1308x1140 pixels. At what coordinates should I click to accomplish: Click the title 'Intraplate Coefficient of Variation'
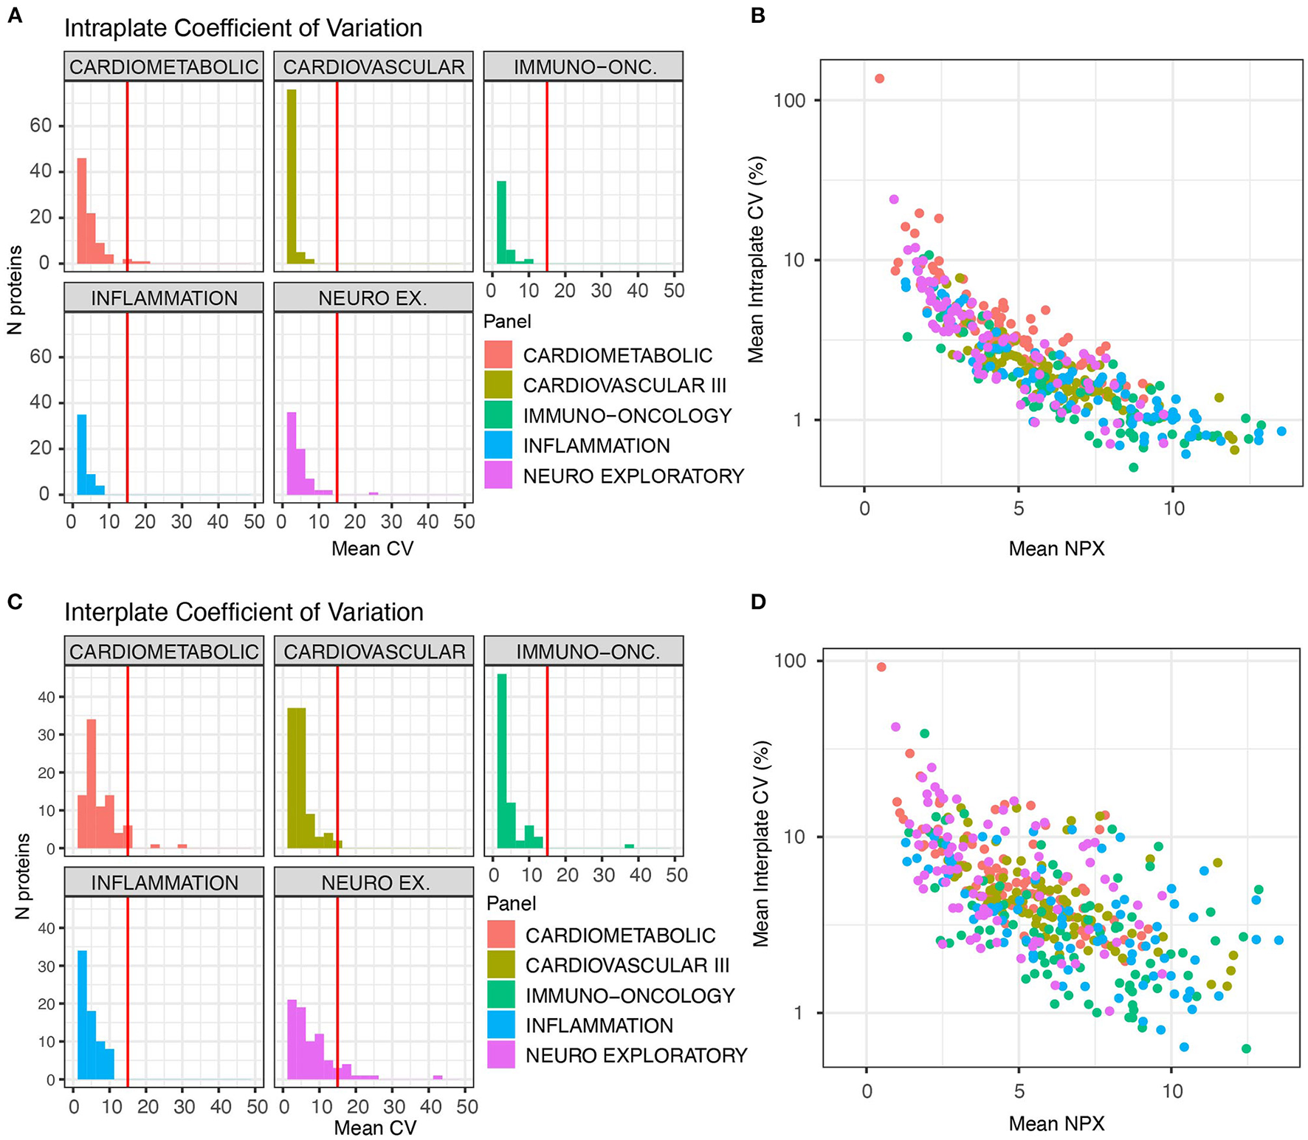(x=243, y=29)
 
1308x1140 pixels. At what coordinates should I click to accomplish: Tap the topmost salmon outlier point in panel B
(x=879, y=78)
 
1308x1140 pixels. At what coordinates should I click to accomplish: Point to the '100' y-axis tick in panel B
(x=788, y=100)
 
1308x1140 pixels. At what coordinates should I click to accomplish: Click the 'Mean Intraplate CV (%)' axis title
(x=755, y=260)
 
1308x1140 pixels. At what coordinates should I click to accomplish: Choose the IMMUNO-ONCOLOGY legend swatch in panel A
(x=498, y=416)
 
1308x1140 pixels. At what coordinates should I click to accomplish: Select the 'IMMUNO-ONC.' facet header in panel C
(x=584, y=652)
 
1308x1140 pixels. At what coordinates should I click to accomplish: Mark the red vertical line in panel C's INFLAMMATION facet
(x=128, y=988)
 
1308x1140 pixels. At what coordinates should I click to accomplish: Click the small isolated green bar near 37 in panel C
(x=629, y=846)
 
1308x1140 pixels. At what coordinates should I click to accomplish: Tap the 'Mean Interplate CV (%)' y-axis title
(x=760, y=844)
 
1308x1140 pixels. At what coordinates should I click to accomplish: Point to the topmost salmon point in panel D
(x=881, y=667)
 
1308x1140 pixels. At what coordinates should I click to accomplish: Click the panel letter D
(x=757, y=602)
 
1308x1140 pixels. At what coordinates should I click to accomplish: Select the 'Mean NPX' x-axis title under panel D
(x=1056, y=1124)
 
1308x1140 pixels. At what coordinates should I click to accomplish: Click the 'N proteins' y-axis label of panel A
(x=15, y=290)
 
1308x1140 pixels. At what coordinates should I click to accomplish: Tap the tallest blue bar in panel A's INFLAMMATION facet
(x=82, y=454)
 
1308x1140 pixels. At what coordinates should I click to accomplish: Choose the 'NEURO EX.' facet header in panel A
(x=373, y=298)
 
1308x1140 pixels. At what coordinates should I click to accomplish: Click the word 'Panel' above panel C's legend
(x=511, y=904)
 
